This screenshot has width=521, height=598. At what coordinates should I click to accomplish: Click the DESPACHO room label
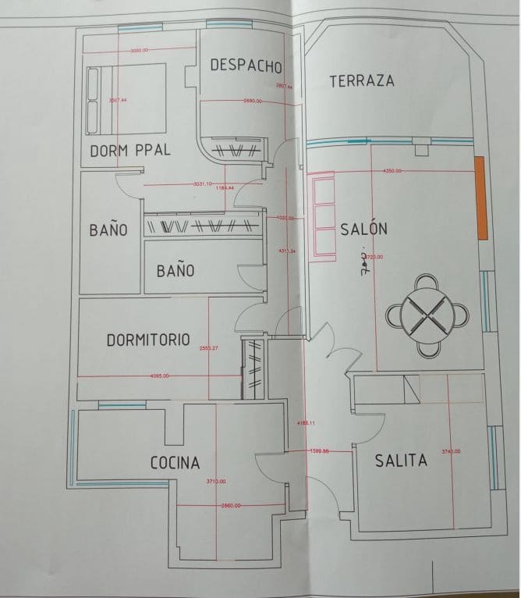245,66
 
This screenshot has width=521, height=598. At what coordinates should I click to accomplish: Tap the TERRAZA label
361,81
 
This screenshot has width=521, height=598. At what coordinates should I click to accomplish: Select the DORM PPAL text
130,151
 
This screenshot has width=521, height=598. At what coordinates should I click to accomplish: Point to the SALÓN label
363,230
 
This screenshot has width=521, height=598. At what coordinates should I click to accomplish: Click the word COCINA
175,463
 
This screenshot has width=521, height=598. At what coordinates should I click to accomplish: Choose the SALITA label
401,461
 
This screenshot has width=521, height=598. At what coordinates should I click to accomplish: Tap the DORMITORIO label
148,340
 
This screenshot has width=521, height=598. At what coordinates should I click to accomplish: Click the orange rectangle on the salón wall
480,198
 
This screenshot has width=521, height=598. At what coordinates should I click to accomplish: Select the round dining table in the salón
428,314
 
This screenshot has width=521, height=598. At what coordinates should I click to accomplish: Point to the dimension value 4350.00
392,169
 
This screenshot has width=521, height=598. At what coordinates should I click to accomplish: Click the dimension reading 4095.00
161,376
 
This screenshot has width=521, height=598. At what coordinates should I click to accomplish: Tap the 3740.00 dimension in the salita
451,451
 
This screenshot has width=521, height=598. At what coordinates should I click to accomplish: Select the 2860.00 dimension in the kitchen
230,506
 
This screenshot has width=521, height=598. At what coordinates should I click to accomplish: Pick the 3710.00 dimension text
216,482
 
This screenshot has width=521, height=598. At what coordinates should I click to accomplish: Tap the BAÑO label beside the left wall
108,230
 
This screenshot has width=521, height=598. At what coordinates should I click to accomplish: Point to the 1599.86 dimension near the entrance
320,451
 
